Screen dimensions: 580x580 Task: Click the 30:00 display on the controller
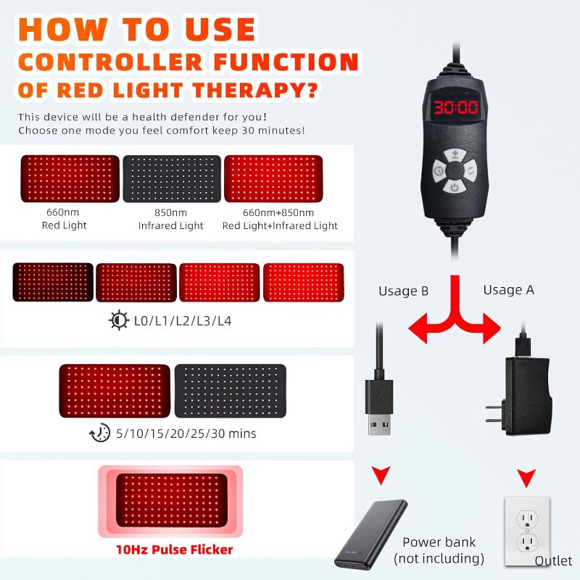[x=455, y=108]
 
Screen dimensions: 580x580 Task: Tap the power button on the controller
[x=455, y=188]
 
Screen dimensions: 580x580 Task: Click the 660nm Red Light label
[x=64, y=219]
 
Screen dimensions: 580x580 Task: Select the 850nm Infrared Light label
[x=171, y=219]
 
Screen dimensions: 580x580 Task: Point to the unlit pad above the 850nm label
[x=172, y=178]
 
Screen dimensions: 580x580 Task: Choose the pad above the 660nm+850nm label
[x=279, y=178]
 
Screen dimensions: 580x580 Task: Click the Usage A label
[x=508, y=290]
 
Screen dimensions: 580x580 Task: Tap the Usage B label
[x=403, y=291]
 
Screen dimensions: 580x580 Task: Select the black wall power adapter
[x=523, y=394]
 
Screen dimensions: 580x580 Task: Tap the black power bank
[x=370, y=534]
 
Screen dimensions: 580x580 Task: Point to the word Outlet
[x=553, y=561]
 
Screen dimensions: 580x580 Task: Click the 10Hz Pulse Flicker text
[x=174, y=550]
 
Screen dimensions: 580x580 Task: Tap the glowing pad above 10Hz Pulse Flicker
[x=174, y=500]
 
